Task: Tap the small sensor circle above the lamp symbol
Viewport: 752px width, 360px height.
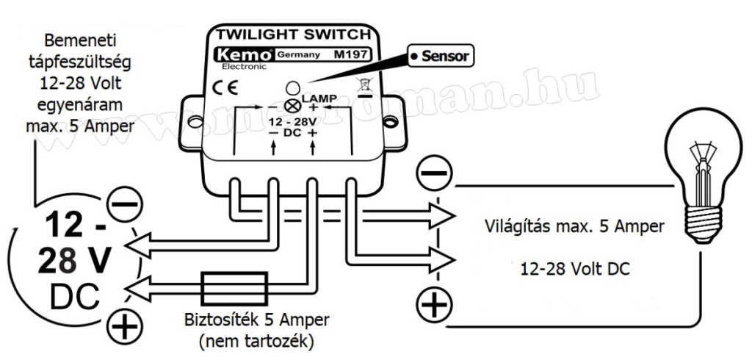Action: (x=291, y=87)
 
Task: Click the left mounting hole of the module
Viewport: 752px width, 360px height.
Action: (x=195, y=118)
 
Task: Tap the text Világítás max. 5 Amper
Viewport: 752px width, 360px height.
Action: (x=574, y=226)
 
